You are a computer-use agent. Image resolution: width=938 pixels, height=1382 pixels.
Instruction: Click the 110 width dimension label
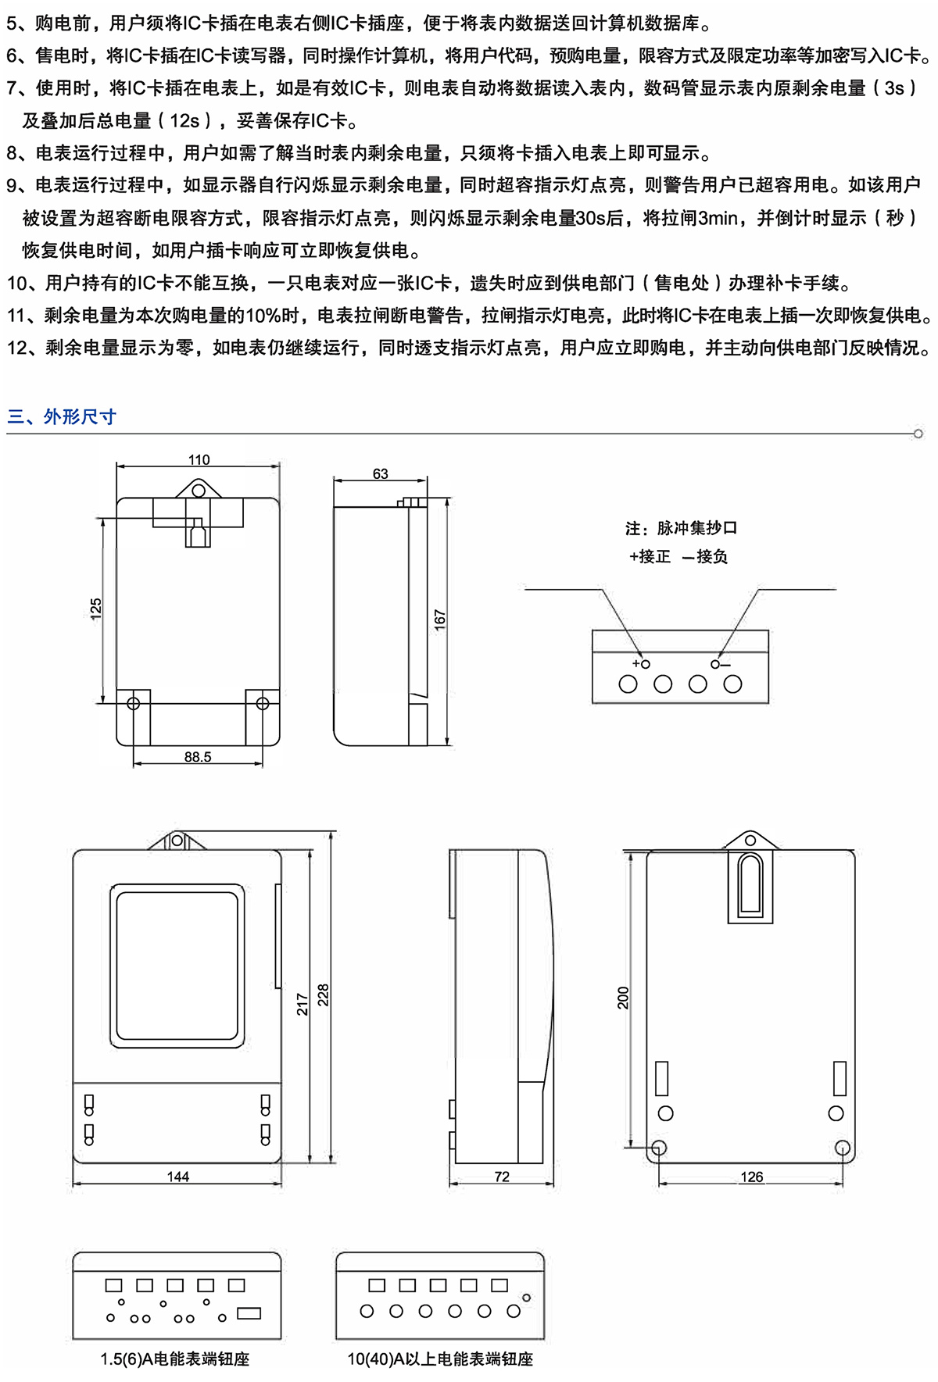199,460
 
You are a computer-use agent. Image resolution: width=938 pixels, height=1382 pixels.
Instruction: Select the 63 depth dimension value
380,473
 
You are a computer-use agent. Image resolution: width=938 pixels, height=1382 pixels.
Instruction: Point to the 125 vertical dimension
96,609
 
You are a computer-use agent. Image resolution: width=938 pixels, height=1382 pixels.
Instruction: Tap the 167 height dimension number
440,620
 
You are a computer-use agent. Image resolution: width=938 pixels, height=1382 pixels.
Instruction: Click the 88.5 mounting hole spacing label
198,757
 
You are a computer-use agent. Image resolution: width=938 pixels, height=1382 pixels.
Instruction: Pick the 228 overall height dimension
323,995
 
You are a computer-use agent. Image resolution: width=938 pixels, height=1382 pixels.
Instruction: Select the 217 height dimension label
303,1004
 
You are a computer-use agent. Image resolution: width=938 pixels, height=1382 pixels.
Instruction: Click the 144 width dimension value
177,1177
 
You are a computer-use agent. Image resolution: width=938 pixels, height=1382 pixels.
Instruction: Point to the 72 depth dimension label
502,1177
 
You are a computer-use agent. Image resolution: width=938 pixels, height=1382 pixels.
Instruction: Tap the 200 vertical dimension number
623,998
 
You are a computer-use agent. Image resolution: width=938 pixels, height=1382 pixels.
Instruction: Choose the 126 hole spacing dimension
751,1177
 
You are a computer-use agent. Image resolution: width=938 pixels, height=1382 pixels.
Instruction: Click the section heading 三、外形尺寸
62,416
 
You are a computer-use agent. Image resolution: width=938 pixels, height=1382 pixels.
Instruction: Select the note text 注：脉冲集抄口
681,528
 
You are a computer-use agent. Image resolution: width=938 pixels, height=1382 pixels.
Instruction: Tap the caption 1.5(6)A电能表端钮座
175,1359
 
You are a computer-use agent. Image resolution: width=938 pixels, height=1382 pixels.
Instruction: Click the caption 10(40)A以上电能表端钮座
440,1359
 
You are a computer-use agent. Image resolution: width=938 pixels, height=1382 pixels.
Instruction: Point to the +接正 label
650,556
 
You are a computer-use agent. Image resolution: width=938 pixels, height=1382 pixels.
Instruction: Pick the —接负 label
705,556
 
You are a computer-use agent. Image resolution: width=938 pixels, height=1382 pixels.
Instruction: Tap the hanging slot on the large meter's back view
751,884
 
